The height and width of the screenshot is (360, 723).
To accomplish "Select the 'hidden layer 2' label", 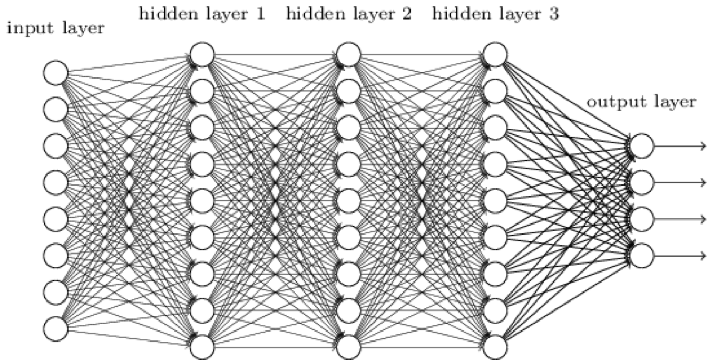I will (x=349, y=13).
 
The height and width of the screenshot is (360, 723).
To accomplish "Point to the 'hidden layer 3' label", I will (x=495, y=13).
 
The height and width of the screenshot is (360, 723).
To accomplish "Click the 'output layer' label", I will (x=641, y=102).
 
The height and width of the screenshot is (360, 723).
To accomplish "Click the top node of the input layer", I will (x=56, y=73).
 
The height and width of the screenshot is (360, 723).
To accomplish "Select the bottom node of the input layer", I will (x=56, y=328).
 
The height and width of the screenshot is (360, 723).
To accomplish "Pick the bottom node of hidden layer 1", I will (x=202, y=347).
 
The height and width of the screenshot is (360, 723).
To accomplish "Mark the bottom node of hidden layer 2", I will (x=349, y=347).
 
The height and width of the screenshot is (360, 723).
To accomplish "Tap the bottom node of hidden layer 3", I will (x=495, y=347).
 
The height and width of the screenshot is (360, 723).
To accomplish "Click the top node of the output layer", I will (x=641, y=146).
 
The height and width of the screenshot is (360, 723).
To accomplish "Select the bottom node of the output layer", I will (x=641, y=255).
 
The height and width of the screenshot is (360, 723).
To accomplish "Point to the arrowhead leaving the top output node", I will (x=703, y=146).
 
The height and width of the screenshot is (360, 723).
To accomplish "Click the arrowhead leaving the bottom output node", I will (x=703, y=255).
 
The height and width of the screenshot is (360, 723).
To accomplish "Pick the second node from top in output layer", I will (x=641, y=182).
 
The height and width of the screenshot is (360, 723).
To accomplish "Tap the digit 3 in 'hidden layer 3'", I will (x=554, y=13).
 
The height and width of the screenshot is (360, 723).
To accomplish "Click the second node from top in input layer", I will (x=56, y=110).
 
